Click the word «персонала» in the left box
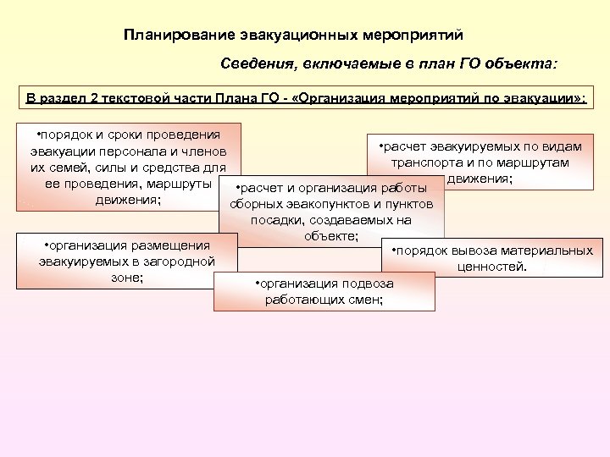click(141, 151)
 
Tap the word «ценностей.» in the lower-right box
click(492, 267)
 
